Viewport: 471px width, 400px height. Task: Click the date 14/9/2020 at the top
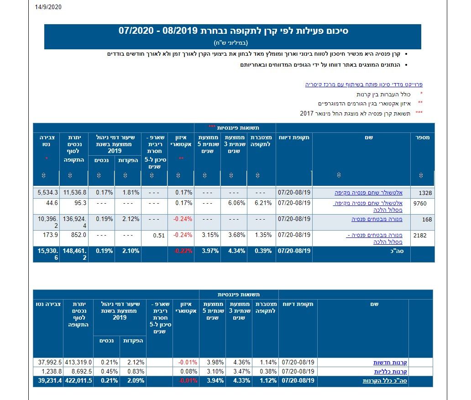(47, 7)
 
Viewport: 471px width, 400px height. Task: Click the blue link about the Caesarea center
(364, 84)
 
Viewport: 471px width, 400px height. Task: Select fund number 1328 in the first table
(424, 193)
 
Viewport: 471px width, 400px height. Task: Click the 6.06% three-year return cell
(236, 203)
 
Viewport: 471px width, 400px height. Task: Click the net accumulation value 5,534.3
(47, 193)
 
